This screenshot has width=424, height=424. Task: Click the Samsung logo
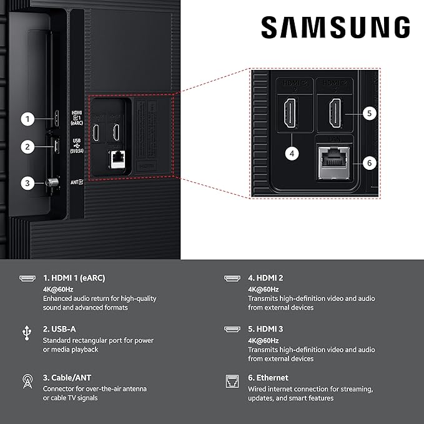(x=335, y=27)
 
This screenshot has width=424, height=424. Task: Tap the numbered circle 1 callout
(x=27, y=118)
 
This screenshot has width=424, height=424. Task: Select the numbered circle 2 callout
(x=27, y=147)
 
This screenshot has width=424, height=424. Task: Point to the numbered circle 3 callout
(x=27, y=183)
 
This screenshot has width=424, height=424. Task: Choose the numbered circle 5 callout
(x=369, y=113)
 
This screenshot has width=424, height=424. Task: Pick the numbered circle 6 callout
(x=369, y=163)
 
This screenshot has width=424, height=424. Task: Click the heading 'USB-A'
(x=61, y=328)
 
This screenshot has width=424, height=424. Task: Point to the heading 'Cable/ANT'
(x=67, y=378)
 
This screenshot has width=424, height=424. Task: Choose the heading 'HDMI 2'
(x=265, y=278)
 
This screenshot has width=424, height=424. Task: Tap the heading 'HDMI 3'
(x=265, y=328)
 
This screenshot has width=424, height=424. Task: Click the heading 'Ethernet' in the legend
(x=268, y=378)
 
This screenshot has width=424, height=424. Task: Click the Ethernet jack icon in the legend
(x=231, y=380)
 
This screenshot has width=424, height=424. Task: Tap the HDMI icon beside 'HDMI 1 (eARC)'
(x=26, y=279)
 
